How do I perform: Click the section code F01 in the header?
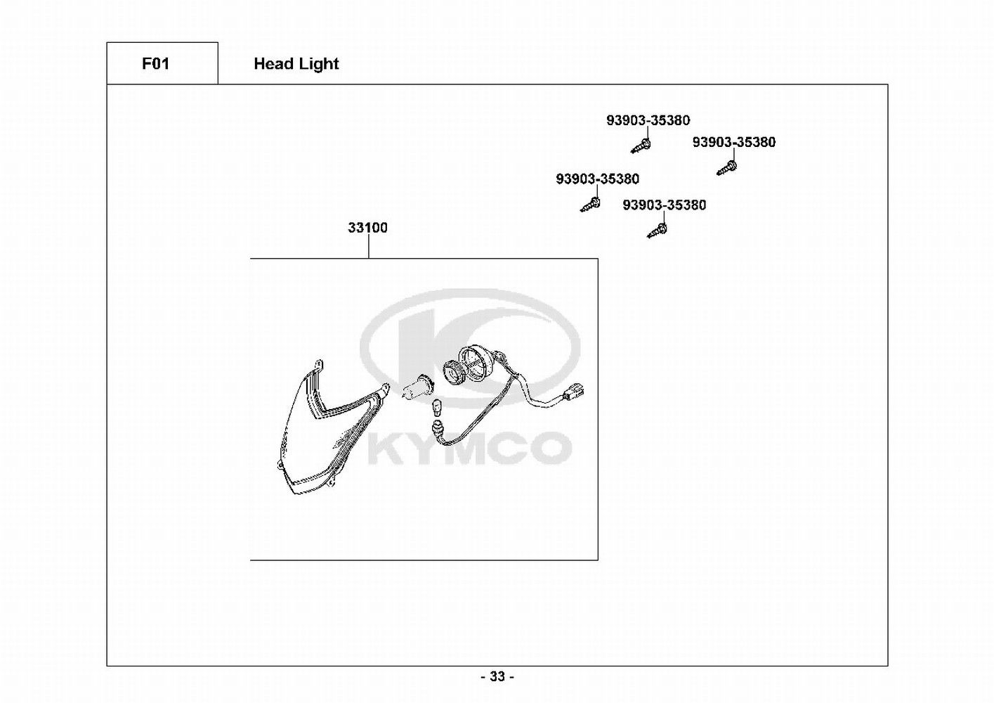155,64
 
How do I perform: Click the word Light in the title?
319,64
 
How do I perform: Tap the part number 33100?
367,228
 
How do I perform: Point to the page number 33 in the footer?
497,677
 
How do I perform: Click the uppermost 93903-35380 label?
648,121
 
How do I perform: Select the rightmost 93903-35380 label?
733,143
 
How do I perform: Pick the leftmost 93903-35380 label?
597,179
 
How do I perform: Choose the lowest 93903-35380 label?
664,205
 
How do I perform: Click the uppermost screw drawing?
641,146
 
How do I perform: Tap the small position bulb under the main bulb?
436,406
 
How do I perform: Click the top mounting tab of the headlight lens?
320,365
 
